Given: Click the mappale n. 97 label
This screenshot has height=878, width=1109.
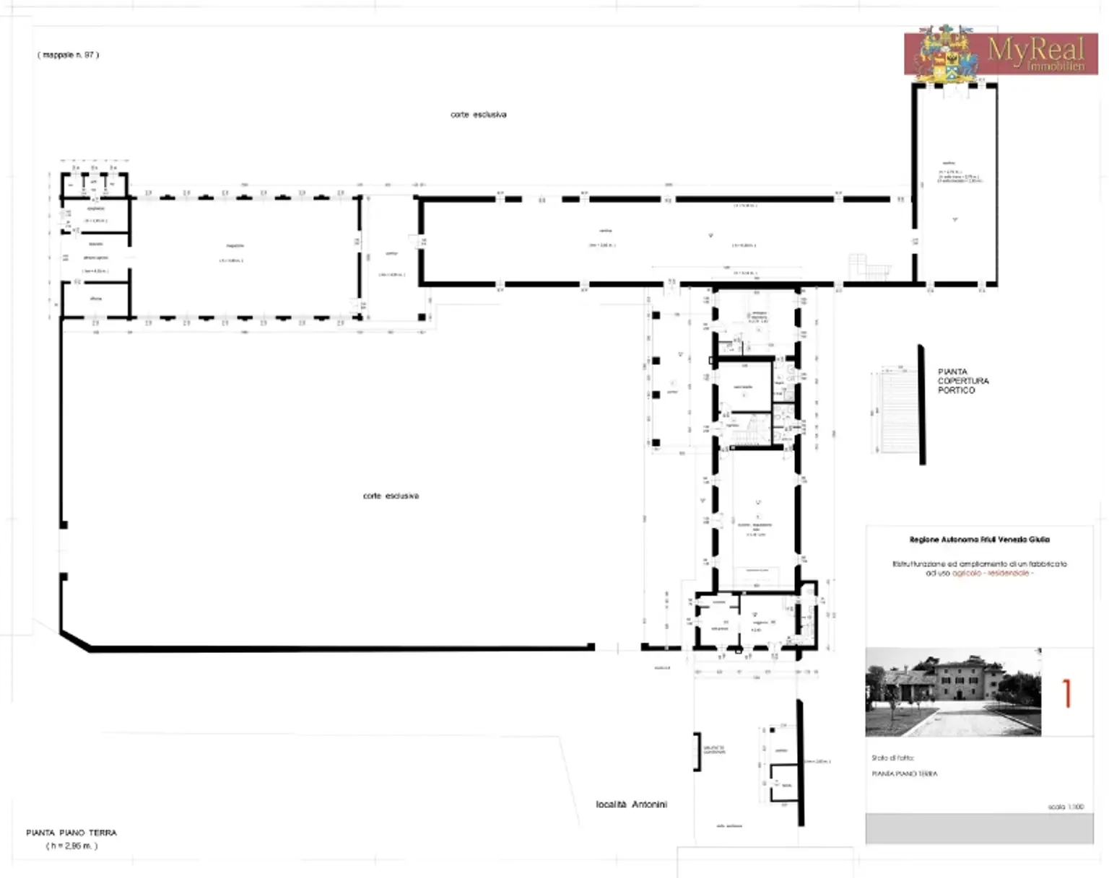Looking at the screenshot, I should tap(68, 55).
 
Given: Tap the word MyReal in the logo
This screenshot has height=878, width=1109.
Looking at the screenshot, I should tap(1035, 49).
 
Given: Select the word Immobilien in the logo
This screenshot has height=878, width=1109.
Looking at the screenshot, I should tap(1056, 66).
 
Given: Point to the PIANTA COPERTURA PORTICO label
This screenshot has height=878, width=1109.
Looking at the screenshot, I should tap(962, 381).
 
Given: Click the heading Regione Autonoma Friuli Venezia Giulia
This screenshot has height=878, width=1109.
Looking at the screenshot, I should tap(979, 540).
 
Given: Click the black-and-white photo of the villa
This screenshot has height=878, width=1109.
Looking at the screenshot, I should tap(953, 692).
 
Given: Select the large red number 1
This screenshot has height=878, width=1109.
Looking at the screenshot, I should tap(1067, 693).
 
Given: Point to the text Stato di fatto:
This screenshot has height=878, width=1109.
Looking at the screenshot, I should tap(892, 758).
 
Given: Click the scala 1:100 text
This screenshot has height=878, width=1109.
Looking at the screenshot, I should tap(1066, 807).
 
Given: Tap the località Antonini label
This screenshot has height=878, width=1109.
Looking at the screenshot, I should tap(631, 804).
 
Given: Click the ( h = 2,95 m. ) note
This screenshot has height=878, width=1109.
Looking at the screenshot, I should tap(71, 846).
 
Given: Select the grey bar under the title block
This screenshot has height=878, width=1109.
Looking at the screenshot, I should tap(979, 828).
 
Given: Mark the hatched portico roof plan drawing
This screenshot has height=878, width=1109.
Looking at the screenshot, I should tap(897, 411).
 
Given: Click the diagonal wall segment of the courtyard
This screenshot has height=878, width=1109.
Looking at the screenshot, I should tap(75, 641).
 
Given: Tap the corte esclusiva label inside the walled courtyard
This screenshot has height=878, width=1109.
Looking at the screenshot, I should tap(391, 496).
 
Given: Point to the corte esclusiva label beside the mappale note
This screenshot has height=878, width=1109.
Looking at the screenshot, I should tap(478, 115).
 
